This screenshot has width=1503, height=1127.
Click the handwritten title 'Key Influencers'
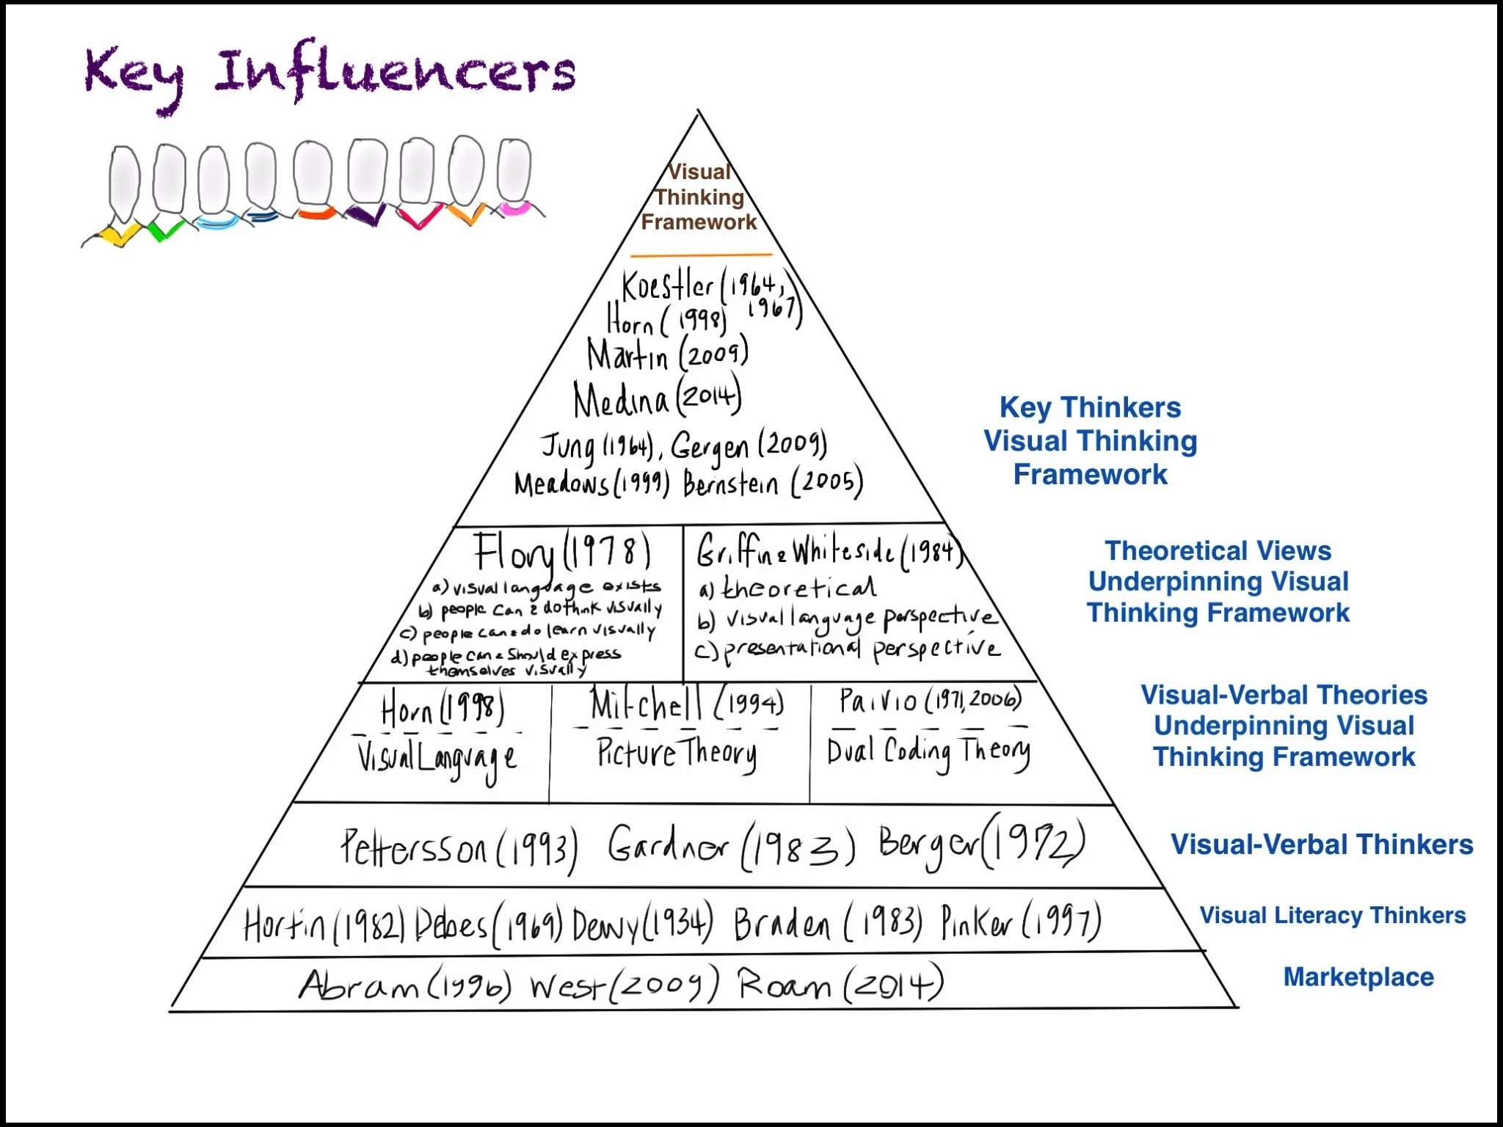(x=330, y=73)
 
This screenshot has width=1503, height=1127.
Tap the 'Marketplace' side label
(x=1358, y=977)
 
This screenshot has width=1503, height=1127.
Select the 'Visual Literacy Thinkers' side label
(x=1332, y=916)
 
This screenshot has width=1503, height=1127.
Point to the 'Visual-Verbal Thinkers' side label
(x=1321, y=845)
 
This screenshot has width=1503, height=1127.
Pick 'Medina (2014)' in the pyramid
(x=657, y=399)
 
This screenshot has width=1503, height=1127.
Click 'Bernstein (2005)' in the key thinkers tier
(x=772, y=484)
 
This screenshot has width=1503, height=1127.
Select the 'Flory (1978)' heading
(x=561, y=552)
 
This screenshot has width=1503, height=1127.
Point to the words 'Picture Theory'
(x=676, y=754)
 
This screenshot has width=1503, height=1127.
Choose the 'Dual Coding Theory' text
(x=928, y=751)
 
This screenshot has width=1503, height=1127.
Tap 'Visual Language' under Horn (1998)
(x=437, y=759)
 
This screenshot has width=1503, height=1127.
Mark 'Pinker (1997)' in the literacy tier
(x=1021, y=922)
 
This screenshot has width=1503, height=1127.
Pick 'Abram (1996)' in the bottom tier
(x=404, y=985)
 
